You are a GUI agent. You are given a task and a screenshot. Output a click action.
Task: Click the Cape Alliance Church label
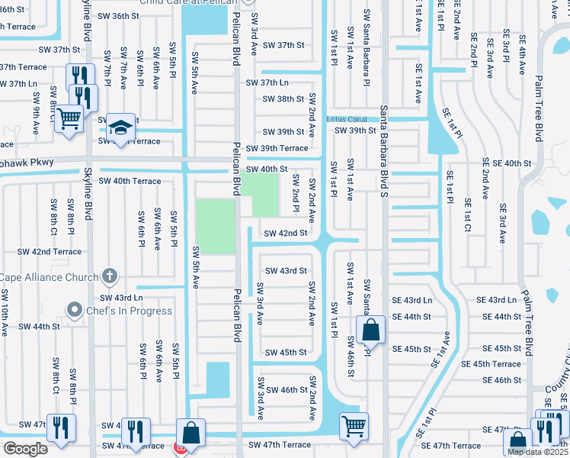pos(49,277)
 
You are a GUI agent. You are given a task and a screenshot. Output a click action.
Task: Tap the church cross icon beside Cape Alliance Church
pos(110,276)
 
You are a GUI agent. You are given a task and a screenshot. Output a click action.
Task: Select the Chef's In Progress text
pos(129,310)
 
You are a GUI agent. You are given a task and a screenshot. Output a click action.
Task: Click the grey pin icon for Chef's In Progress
pos(74,309)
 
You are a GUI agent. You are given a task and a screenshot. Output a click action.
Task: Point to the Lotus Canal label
pos(347,119)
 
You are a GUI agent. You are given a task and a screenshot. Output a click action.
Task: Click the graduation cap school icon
pos(120,127)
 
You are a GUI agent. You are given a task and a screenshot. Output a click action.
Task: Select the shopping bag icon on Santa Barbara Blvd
pos(370,331)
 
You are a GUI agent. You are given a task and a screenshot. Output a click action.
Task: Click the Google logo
pos(25,449)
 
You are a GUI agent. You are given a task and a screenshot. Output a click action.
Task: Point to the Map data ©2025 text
pos(536,452)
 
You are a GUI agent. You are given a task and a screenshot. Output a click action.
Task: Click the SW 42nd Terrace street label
pos(50,251)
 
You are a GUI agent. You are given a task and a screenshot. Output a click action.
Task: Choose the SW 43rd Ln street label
pos(121,298)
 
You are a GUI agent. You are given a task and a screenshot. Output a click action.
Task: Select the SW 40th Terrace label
pos(130,181)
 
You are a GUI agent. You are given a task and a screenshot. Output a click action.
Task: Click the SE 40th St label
pos(506,163)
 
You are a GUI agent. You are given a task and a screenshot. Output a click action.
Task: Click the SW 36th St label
pos(124,15)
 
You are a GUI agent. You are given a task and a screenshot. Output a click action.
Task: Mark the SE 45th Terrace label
pos(495,364)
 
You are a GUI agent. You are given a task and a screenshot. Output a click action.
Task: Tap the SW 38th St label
pos(283,99)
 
